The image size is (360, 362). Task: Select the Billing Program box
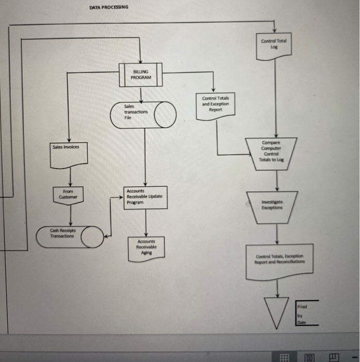click(141, 74)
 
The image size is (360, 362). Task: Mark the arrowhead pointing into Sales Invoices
click(70, 139)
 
